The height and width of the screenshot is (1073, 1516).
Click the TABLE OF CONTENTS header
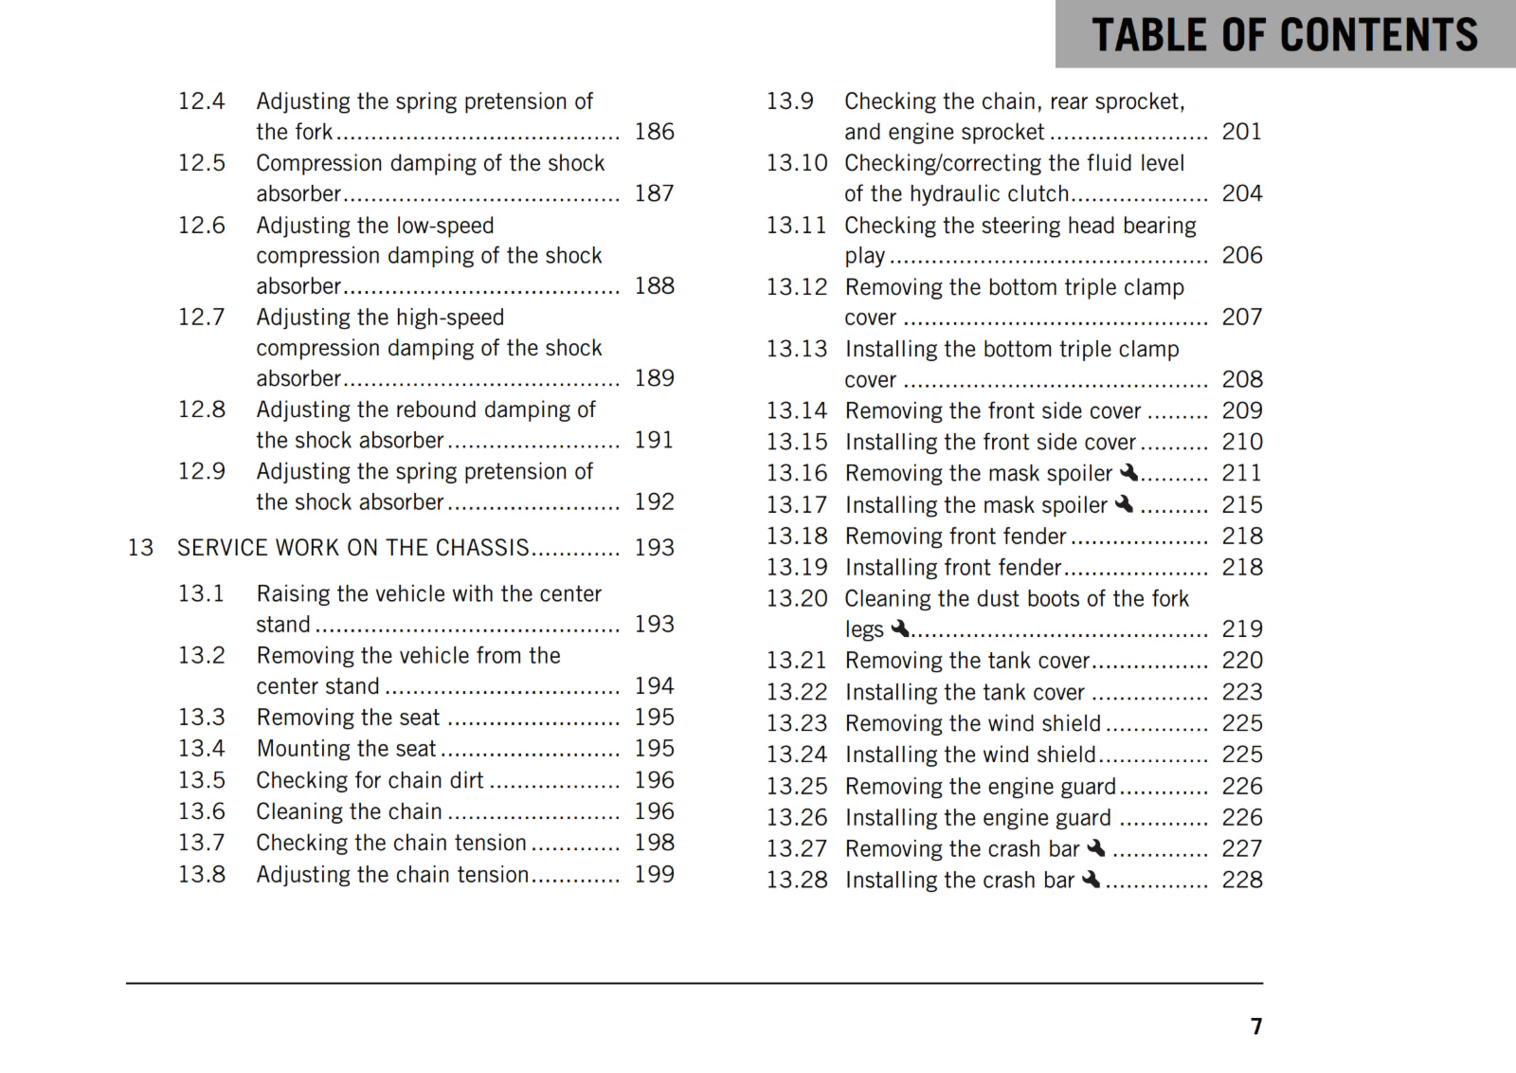(x=1284, y=35)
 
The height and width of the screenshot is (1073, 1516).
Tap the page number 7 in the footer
(x=1255, y=1027)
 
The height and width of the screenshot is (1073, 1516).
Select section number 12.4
(x=202, y=101)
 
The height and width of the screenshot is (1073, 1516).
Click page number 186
(x=654, y=132)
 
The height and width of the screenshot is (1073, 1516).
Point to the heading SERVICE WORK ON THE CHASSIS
(x=352, y=548)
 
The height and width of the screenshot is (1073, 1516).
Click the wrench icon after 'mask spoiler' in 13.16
(x=1128, y=472)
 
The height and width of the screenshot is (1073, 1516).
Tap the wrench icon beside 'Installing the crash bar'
(x=1091, y=880)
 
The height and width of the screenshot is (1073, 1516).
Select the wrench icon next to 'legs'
(x=899, y=627)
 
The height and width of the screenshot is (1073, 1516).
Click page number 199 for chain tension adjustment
(x=654, y=874)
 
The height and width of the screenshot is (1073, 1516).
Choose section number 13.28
(x=796, y=881)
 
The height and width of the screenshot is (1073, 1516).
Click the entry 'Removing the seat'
(x=348, y=718)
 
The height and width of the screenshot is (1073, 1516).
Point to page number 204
(x=1241, y=193)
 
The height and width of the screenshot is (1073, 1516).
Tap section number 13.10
(x=796, y=163)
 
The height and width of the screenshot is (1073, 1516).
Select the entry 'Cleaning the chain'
(x=349, y=811)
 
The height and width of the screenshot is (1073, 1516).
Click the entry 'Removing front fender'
(x=955, y=536)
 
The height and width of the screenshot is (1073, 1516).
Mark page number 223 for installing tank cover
(x=1241, y=692)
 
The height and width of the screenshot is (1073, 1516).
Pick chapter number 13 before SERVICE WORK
(x=140, y=548)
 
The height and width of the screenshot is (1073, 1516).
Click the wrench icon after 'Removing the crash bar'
(x=1096, y=847)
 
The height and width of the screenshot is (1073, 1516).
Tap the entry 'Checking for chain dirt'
(x=370, y=780)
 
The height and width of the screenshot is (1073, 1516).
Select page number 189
(x=654, y=378)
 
